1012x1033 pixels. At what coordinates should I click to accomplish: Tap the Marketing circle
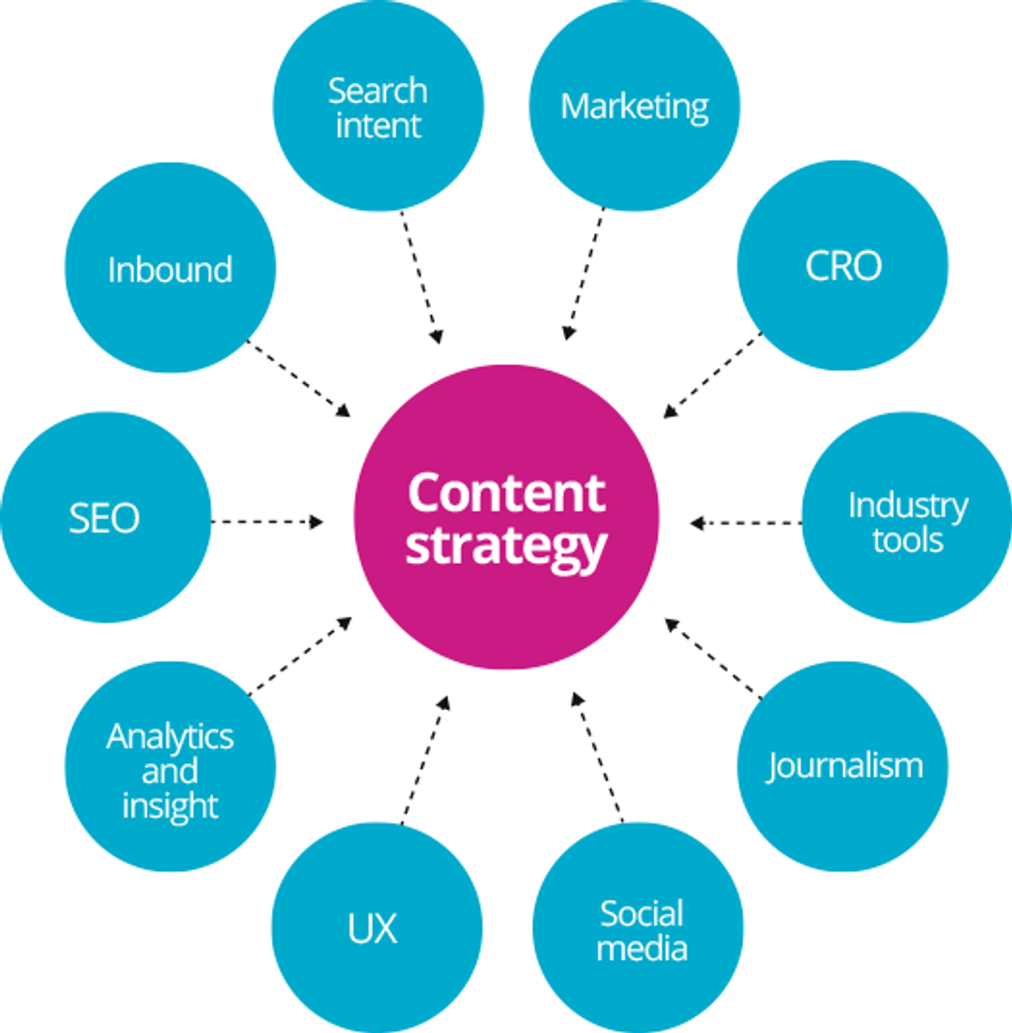point(634,106)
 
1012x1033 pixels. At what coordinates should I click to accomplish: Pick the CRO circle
point(842,267)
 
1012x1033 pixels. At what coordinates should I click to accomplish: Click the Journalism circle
point(843,766)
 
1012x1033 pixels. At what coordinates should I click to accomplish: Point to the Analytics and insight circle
point(171,770)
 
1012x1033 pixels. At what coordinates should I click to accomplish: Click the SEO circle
point(105,518)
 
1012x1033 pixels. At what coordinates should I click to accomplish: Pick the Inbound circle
point(171,269)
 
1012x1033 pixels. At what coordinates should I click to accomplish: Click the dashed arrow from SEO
point(267,522)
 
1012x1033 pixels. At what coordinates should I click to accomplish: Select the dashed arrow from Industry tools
point(746,523)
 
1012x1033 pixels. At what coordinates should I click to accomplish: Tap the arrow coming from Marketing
point(585,273)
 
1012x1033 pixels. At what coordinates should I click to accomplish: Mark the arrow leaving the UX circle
point(425,760)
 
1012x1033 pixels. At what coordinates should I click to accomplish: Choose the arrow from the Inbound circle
point(298,378)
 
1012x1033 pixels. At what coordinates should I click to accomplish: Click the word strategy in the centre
point(506,546)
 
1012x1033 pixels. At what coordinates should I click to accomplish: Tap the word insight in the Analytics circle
point(171,805)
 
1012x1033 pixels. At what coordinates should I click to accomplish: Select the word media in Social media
point(642,948)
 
